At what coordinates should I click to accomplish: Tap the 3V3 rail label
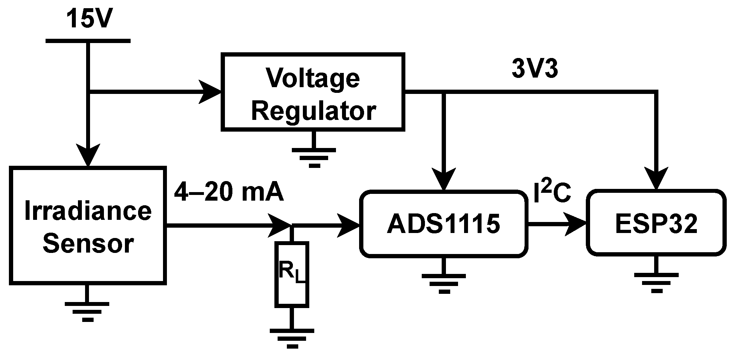[535, 69]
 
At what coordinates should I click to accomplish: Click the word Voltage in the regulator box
[313, 78]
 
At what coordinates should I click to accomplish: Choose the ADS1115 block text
[443, 224]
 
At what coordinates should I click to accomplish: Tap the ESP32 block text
[656, 224]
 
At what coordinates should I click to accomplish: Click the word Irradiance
[88, 211]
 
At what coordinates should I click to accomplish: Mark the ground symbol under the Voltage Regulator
[314, 157]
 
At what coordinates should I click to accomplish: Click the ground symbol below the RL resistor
[292, 337]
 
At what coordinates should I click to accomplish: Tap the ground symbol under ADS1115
[443, 283]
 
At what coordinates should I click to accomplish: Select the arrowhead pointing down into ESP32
[656, 178]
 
